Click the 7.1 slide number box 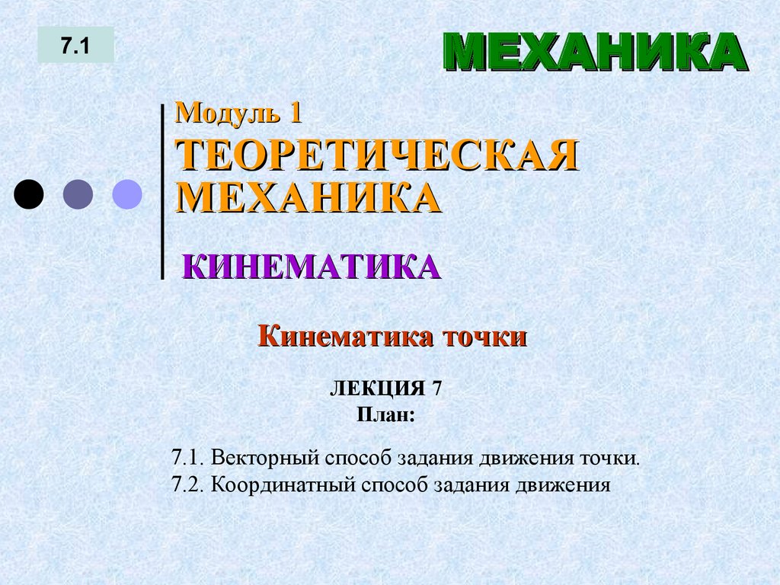tap(76, 46)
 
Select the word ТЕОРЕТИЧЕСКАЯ tap(377, 156)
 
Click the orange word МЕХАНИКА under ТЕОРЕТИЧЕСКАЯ tap(308, 197)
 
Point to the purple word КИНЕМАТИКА tap(312, 267)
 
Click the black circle tap(29, 194)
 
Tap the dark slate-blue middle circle tap(78, 194)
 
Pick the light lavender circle tap(127, 194)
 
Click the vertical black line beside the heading tap(162, 190)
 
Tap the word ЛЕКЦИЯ tap(376, 389)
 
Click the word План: tap(385, 415)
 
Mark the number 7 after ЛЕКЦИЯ tap(436, 389)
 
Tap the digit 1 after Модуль tap(295, 113)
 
